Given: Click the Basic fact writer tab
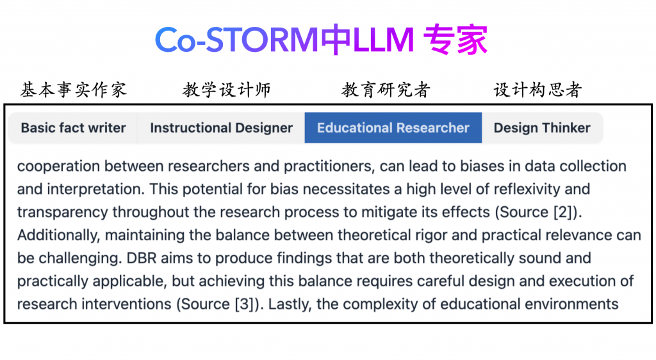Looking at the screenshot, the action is tap(73, 127).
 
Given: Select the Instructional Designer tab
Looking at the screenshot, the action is tap(221, 127).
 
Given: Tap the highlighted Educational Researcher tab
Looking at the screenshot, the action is tap(393, 127).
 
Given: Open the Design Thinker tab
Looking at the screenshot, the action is tap(542, 127).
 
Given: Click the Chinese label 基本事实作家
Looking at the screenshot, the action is tap(74, 90).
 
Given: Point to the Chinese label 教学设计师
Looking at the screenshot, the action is tap(227, 90).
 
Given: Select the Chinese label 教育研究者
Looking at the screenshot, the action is tap(386, 90).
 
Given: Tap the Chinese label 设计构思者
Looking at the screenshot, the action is tap(538, 90).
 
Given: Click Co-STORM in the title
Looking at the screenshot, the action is tap(236, 40).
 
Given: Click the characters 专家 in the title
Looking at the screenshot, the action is tap(455, 40).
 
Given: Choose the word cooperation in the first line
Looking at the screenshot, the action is tap(58, 167).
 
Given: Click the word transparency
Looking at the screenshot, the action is tap(62, 213).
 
